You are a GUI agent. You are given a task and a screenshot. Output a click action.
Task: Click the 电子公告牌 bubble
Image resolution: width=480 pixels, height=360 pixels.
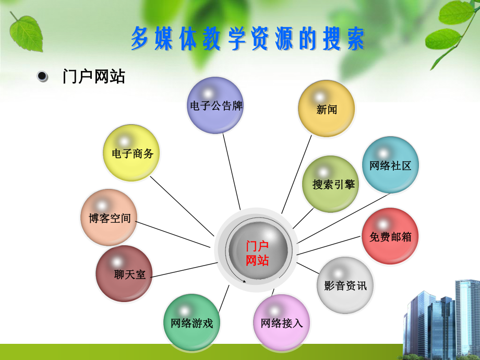215,105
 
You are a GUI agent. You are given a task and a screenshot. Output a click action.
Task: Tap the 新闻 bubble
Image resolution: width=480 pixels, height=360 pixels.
327,109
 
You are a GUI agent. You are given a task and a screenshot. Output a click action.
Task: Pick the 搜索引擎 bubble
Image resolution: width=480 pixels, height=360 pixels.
331,184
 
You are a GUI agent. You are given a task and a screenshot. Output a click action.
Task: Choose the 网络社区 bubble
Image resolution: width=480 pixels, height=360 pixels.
390,165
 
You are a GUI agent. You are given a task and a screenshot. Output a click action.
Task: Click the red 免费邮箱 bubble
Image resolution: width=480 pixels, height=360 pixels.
390,236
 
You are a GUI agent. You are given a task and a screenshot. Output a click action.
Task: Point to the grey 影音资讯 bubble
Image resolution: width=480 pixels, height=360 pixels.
345,285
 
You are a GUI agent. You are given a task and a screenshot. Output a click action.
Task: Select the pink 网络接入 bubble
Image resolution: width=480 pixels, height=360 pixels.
281,322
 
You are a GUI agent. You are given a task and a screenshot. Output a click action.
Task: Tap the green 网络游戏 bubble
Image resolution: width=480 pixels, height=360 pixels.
191,322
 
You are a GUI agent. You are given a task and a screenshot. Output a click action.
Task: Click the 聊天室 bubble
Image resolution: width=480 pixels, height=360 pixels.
124,273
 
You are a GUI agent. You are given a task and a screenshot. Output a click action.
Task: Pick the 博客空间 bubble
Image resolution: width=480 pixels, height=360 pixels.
110,218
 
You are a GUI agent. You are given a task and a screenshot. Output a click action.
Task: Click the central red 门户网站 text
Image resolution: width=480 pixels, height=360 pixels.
257,253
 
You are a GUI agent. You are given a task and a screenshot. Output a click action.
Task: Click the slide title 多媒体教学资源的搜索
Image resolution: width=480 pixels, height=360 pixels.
247,39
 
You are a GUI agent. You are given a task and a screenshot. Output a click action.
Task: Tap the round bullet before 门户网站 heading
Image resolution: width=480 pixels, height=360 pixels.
43,77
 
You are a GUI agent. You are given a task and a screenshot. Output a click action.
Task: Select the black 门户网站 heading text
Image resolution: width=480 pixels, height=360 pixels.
94,77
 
